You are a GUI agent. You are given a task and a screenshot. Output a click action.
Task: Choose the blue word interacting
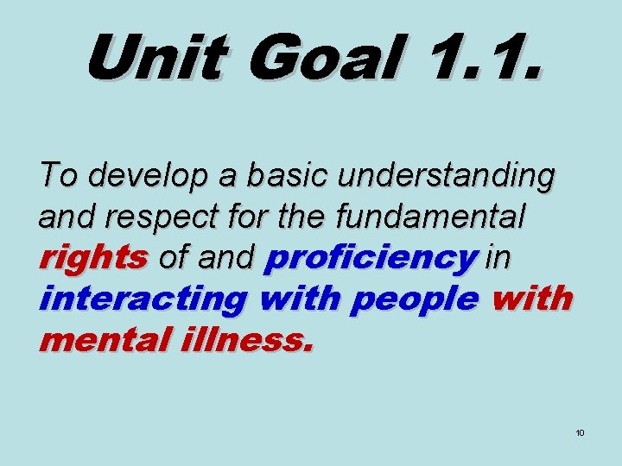[143, 299]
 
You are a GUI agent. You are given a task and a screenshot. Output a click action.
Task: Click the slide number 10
[580, 431]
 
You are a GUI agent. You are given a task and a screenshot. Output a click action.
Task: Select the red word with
[530, 299]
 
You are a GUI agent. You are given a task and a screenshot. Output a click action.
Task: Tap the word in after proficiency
[497, 257]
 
